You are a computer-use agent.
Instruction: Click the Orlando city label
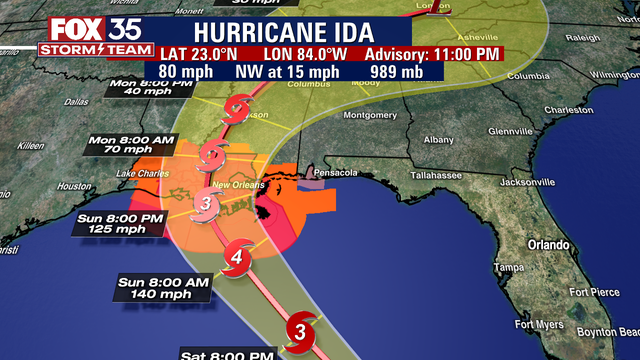(x=548, y=244)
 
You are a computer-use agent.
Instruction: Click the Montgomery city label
(x=370, y=115)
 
